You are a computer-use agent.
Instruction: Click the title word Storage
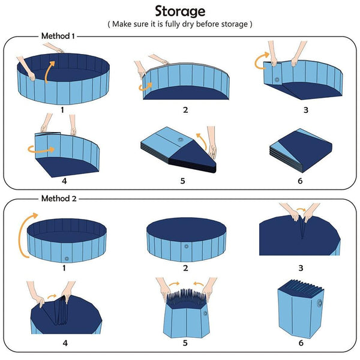tap(180, 11)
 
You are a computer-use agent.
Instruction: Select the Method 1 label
tap(58, 36)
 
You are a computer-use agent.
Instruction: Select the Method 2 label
tap(58, 198)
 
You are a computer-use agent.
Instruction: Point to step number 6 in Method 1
tap(299, 181)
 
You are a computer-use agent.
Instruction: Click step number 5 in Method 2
tap(185, 343)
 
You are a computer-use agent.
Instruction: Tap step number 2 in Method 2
tap(185, 268)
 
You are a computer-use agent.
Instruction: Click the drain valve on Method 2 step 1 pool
tap(66, 259)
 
